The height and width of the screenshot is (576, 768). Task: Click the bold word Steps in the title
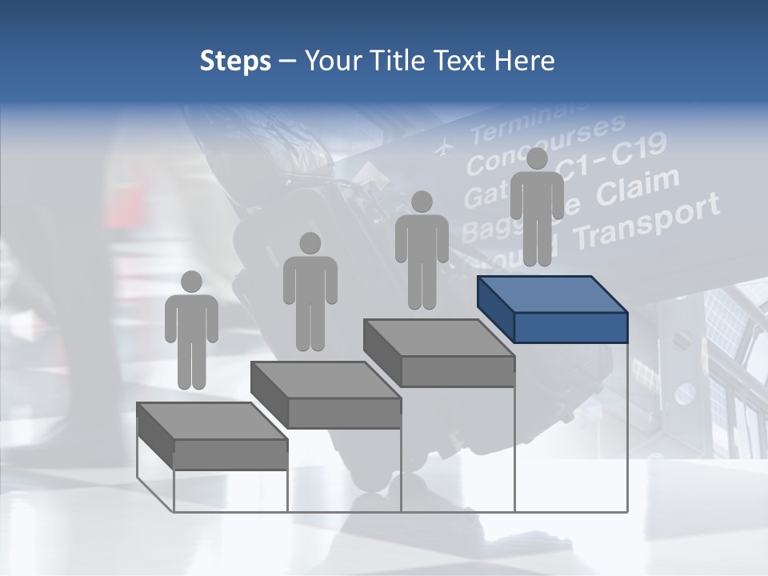pyautogui.click(x=235, y=61)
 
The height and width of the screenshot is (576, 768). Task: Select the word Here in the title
pyautogui.click(x=525, y=61)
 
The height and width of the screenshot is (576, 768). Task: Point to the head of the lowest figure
pyautogui.click(x=191, y=282)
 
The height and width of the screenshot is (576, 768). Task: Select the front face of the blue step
pyautogui.click(x=570, y=327)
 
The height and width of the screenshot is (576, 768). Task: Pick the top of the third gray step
pyautogui.click(x=438, y=338)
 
